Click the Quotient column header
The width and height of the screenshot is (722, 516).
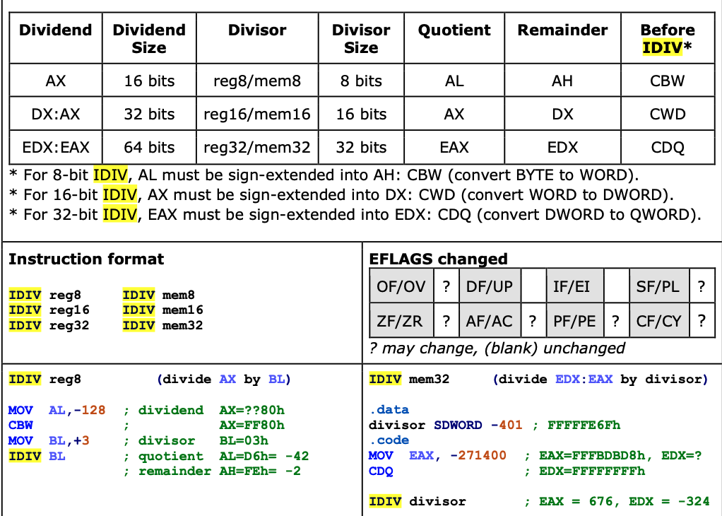[x=454, y=30]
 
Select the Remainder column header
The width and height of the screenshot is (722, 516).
[x=562, y=30]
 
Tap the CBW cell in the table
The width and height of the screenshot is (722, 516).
[x=667, y=81]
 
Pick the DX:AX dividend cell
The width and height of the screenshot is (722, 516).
[x=56, y=114]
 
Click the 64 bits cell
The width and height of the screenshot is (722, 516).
[x=149, y=147]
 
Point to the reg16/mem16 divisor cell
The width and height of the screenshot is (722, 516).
[x=257, y=114]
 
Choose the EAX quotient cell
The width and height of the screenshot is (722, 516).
[x=454, y=147]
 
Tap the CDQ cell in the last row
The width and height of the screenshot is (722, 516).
[x=667, y=147]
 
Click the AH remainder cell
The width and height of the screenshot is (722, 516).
[x=562, y=81]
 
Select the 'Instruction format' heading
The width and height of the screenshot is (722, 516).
[x=86, y=259]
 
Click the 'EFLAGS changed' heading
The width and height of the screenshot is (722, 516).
[x=438, y=259]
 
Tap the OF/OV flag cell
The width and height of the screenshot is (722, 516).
[x=401, y=287]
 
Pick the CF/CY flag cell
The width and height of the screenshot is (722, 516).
[x=658, y=321]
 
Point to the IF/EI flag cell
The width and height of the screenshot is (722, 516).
[x=572, y=287]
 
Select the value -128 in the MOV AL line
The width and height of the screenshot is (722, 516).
[x=90, y=411]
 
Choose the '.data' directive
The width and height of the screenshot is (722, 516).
[x=389, y=410]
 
